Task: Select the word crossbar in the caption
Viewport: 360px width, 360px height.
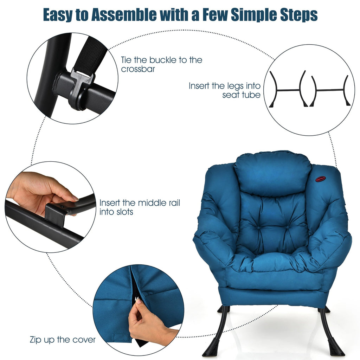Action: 138,69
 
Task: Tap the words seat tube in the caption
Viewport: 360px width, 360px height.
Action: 241,95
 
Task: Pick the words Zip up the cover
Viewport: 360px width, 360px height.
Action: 63,340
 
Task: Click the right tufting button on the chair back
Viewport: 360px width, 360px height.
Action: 287,227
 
